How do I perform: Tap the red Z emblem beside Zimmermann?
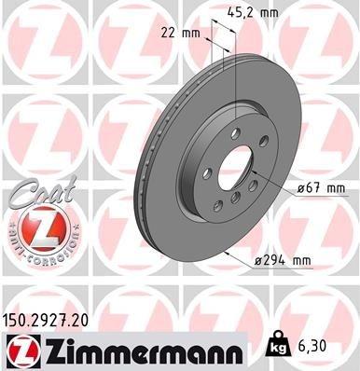click(21, 351)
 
